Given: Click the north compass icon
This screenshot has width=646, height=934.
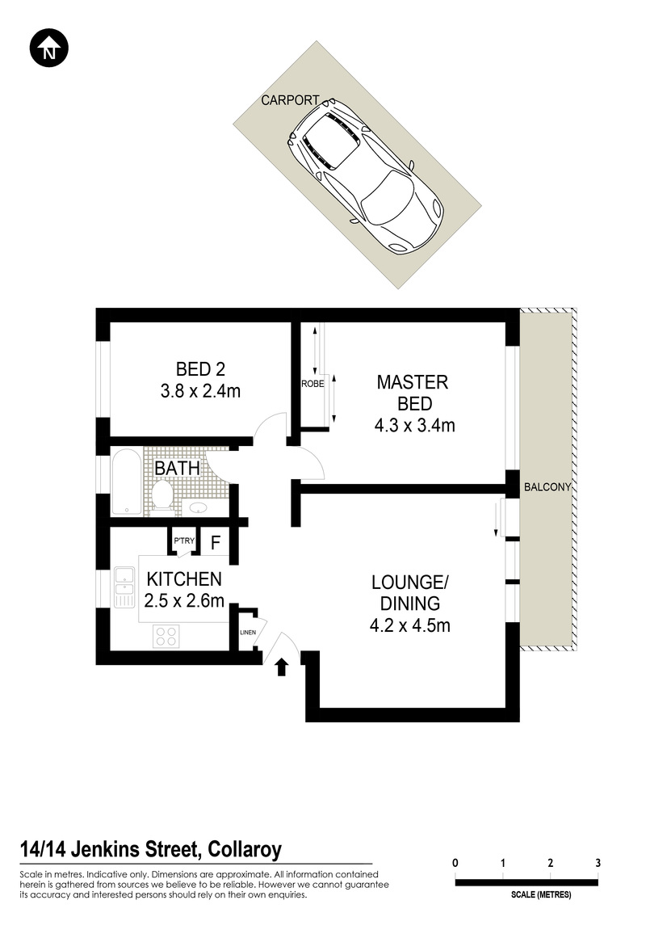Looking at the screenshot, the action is pos(48,48).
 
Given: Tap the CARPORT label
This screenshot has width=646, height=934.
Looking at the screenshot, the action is pos(290,100).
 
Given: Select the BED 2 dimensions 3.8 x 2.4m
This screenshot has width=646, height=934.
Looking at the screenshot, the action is pos(200,391).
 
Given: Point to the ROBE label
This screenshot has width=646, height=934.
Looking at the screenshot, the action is pos(313,385).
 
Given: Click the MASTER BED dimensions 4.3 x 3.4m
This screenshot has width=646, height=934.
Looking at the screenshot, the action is pos(415,425).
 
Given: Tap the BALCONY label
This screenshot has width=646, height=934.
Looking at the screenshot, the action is pos(547,487).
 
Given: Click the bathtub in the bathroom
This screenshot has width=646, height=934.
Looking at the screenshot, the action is pos(127,482).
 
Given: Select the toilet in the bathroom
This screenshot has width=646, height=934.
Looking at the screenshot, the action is pos(162,495).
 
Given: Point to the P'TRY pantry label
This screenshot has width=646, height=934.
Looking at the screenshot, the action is pos(184,541).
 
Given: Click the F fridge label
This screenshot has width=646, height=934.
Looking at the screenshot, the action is pos(216,543).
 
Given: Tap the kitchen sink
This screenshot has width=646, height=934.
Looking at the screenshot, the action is pos(124,587).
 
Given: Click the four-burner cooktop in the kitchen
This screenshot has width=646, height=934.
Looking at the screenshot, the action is pos(166,636).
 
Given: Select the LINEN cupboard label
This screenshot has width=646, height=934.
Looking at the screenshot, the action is pos(248,633).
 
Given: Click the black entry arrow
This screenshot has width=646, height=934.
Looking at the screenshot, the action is pos(282,667).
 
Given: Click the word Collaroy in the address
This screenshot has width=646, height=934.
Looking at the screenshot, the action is pos(245,849).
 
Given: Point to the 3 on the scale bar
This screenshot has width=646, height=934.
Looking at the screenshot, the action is pos(598,863).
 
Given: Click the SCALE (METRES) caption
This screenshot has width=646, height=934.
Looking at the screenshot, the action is pos(541,894).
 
